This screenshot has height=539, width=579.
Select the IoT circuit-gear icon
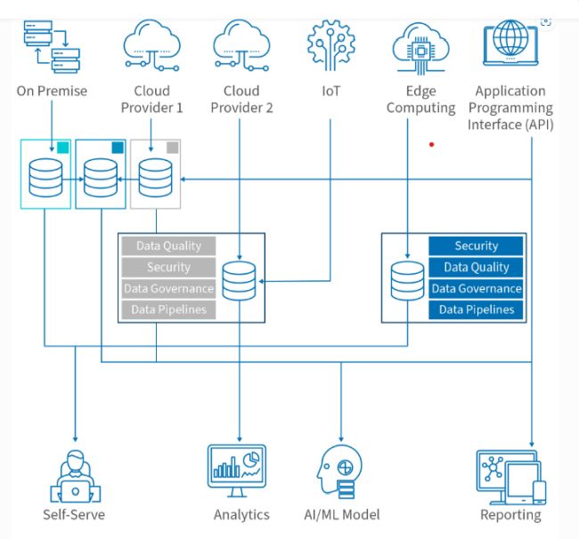(x=330, y=44)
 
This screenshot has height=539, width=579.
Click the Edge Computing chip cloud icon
(x=420, y=44)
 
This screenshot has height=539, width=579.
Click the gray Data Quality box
(x=168, y=245)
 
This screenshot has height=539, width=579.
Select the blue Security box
(x=476, y=245)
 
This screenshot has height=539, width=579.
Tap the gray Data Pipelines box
(x=168, y=310)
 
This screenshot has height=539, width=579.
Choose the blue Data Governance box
(x=476, y=288)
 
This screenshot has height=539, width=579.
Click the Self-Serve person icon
(x=75, y=476)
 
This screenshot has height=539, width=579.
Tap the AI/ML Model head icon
(x=339, y=473)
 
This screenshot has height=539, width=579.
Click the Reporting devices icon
(x=510, y=477)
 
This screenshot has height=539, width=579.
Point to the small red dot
(x=432, y=144)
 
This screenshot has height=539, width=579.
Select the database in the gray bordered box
(x=155, y=177)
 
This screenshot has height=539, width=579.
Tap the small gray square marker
(x=173, y=148)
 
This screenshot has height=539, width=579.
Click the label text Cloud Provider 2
(x=241, y=99)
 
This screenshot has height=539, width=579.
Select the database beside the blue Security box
(x=407, y=282)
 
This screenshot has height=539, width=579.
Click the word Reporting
(x=510, y=515)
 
